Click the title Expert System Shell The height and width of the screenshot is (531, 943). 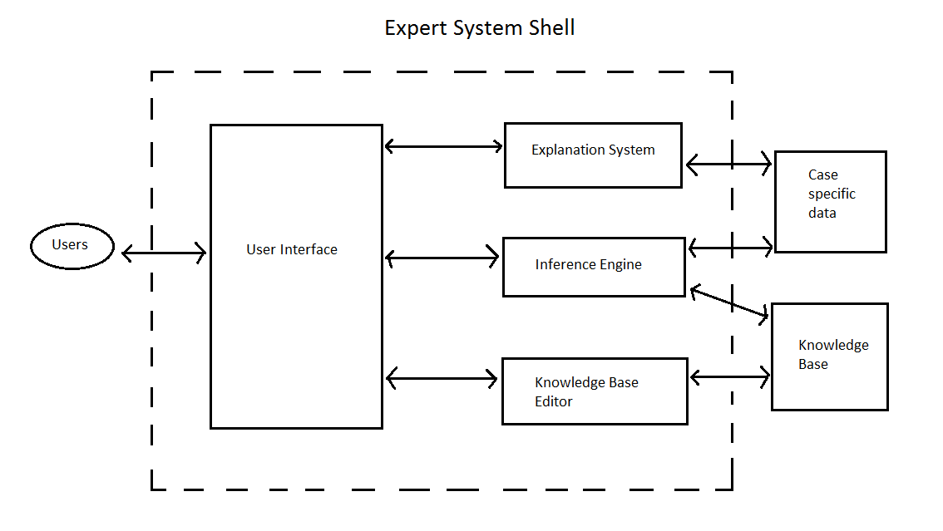(x=479, y=27)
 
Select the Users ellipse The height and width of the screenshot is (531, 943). (x=72, y=246)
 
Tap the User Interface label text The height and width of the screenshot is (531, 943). (x=292, y=249)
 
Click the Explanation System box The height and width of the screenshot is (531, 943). (x=593, y=155)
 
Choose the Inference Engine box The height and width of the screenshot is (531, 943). (x=594, y=267)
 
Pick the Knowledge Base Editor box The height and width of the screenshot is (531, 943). (x=595, y=391)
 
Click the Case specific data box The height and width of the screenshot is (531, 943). (x=830, y=202)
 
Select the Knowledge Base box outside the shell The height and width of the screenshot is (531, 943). (x=829, y=356)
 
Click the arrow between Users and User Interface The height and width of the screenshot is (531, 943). (x=163, y=253)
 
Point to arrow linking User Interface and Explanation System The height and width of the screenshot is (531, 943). (x=443, y=147)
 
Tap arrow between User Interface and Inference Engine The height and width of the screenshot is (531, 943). (x=442, y=258)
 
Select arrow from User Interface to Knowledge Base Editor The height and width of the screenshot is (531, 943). (x=442, y=379)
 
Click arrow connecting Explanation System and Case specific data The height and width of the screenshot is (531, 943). (x=728, y=165)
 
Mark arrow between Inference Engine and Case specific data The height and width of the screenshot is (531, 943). (x=730, y=246)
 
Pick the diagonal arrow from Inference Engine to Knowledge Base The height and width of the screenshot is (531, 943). (x=728, y=302)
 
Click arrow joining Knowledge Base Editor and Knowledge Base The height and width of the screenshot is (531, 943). (x=730, y=378)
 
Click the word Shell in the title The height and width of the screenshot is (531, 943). (x=551, y=27)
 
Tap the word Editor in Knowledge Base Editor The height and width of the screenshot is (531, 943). (x=554, y=401)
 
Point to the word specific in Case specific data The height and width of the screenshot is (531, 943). (x=832, y=194)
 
